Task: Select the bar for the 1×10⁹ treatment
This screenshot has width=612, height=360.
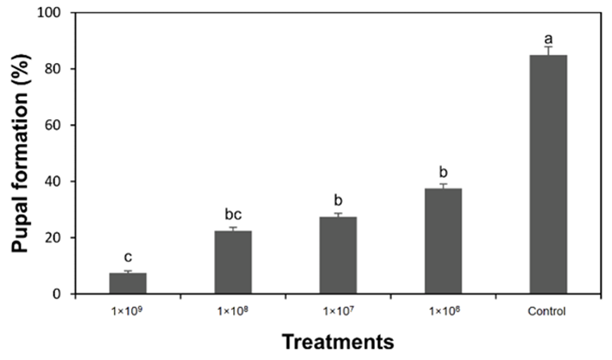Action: pos(128,283)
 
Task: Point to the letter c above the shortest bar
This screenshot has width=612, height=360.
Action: pos(128,257)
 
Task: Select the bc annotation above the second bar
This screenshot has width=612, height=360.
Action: pos(233,214)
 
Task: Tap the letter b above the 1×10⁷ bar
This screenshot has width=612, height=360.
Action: pos(338,200)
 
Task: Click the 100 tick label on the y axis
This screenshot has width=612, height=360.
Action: pos(52,13)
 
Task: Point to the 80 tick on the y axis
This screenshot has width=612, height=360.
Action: pos(55,69)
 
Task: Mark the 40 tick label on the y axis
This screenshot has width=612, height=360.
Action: pos(55,181)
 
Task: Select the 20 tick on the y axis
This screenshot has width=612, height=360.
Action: pos(55,237)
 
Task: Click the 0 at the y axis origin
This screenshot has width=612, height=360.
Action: pos(59,294)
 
